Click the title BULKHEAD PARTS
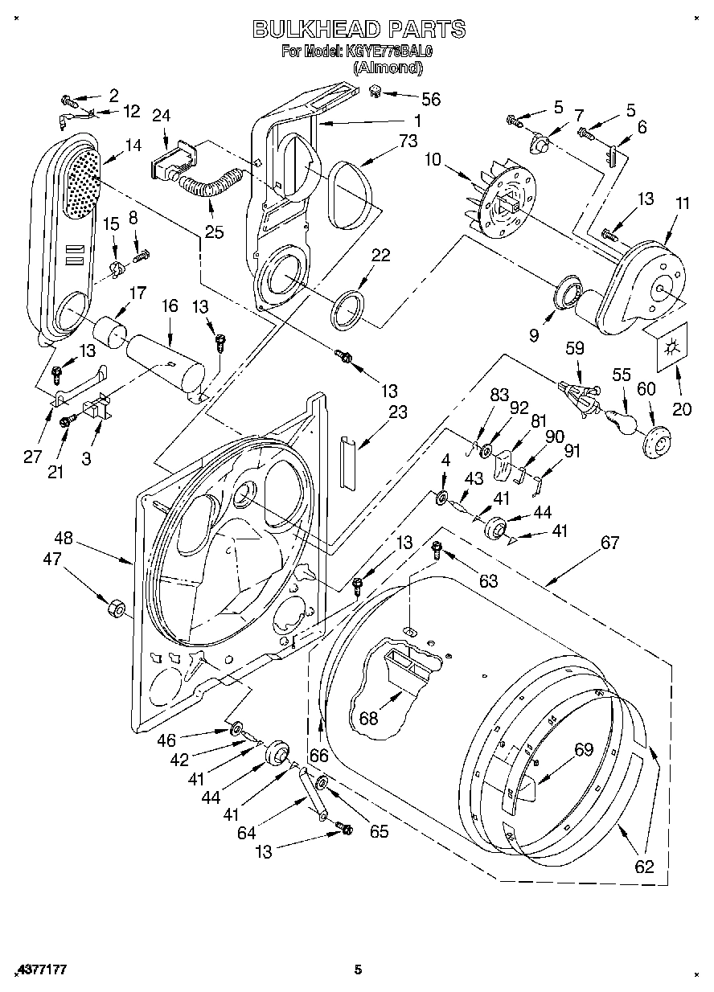(x=359, y=30)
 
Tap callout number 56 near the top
(x=431, y=99)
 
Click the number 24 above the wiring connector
(x=161, y=116)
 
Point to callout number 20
(x=681, y=408)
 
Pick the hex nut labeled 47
(x=115, y=607)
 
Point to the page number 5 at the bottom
(x=359, y=970)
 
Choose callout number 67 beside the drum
(x=609, y=543)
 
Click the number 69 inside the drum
(x=583, y=749)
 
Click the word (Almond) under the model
(x=388, y=68)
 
